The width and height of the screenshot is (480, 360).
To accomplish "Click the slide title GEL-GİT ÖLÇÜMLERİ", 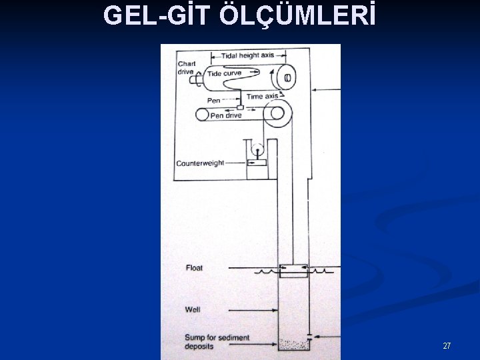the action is pyautogui.click(x=239, y=15).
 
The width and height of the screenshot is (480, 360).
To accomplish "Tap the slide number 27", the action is pyautogui.click(x=447, y=346).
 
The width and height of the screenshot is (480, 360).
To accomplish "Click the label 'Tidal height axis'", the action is pyautogui.click(x=248, y=55).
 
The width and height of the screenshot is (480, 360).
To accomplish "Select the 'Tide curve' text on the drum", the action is pyautogui.click(x=224, y=73).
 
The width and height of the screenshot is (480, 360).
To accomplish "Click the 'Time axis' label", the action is pyautogui.click(x=262, y=97).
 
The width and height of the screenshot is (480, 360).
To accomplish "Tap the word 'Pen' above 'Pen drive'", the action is pyautogui.click(x=213, y=101).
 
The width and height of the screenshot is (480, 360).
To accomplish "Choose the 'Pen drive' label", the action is pyautogui.click(x=226, y=115).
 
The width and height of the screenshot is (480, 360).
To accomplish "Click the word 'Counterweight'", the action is pyautogui.click(x=200, y=163).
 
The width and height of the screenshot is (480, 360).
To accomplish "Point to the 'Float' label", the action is pyautogui.click(x=194, y=268).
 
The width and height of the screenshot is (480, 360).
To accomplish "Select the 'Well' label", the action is pyautogui.click(x=193, y=309).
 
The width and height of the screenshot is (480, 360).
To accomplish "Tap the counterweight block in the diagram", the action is pyautogui.click(x=256, y=162).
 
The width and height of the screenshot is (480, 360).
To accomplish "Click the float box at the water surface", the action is pyautogui.click(x=293, y=271).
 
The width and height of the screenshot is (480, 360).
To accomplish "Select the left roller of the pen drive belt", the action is pyautogui.click(x=201, y=115).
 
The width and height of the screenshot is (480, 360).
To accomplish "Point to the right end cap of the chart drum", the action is pyautogui.click(x=287, y=78).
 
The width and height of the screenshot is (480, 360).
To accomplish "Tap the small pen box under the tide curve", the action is pyautogui.click(x=240, y=107).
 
